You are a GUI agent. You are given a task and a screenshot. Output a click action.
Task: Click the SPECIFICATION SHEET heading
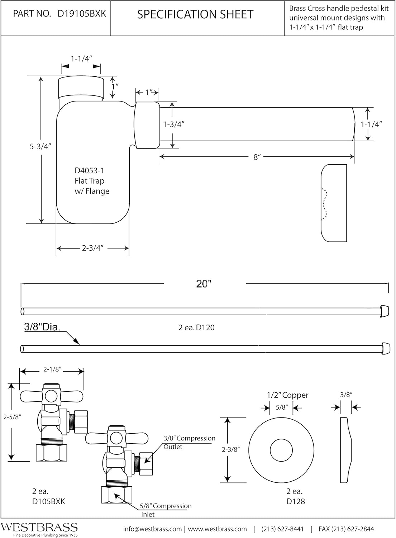pyautogui.click(x=195, y=14)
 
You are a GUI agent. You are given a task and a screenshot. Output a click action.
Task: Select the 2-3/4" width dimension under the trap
pyautogui.click(x=92, y=248)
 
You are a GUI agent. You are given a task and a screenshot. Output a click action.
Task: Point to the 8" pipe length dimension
pyautogui.click(x=257, y=157)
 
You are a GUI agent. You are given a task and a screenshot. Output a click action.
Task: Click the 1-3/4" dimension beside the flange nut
pyautogui.click(x=173, y=124)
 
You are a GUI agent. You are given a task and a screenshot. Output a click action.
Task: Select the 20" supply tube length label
pyautogui.click(x=204, y=284)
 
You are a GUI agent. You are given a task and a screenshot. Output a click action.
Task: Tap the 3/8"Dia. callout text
pyautogui.click(x=42, y=327)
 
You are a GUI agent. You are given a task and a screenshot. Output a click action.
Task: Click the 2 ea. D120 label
pyautogui.click(x=196, y=327)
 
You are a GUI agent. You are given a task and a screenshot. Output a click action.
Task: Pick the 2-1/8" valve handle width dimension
pyautogui.click(x=53, y=369)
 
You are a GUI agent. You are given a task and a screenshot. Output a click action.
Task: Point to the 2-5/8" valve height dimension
pyautogui.click(x=12, y=417)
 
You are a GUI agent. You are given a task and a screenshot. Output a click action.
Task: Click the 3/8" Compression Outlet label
pyautogui.click(x=189, y=442)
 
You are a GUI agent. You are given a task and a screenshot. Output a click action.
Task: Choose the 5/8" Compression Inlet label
pyautogui.click(x=165, y=510)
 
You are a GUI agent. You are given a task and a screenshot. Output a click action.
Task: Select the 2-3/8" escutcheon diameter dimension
pyautogui.click(x=230, y=449)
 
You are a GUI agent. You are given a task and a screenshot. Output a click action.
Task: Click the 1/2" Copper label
pyautogui.click(x=287, y=395)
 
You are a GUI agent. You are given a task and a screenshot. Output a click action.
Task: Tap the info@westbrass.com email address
pyautogui.click(x=152, y=529)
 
